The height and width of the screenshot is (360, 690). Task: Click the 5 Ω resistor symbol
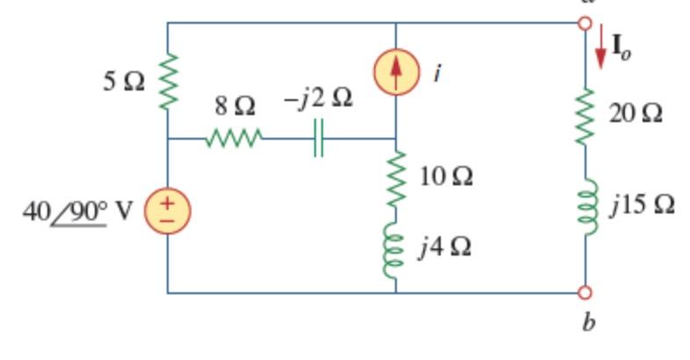[168, 81]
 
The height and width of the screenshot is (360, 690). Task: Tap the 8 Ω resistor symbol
[234, 139]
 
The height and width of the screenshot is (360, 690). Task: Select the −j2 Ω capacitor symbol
[319, 139]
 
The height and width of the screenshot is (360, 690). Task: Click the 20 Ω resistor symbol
[586, 114]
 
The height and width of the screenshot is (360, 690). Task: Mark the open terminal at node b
[586, 292]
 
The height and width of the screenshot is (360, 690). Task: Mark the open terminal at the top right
[586, 23]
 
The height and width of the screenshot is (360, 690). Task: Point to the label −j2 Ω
[318, 99]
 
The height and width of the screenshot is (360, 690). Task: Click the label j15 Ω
[643, 205]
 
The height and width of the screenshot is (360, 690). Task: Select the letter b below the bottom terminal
[589, 323]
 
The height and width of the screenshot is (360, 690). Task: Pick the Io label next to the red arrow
[621, 51]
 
